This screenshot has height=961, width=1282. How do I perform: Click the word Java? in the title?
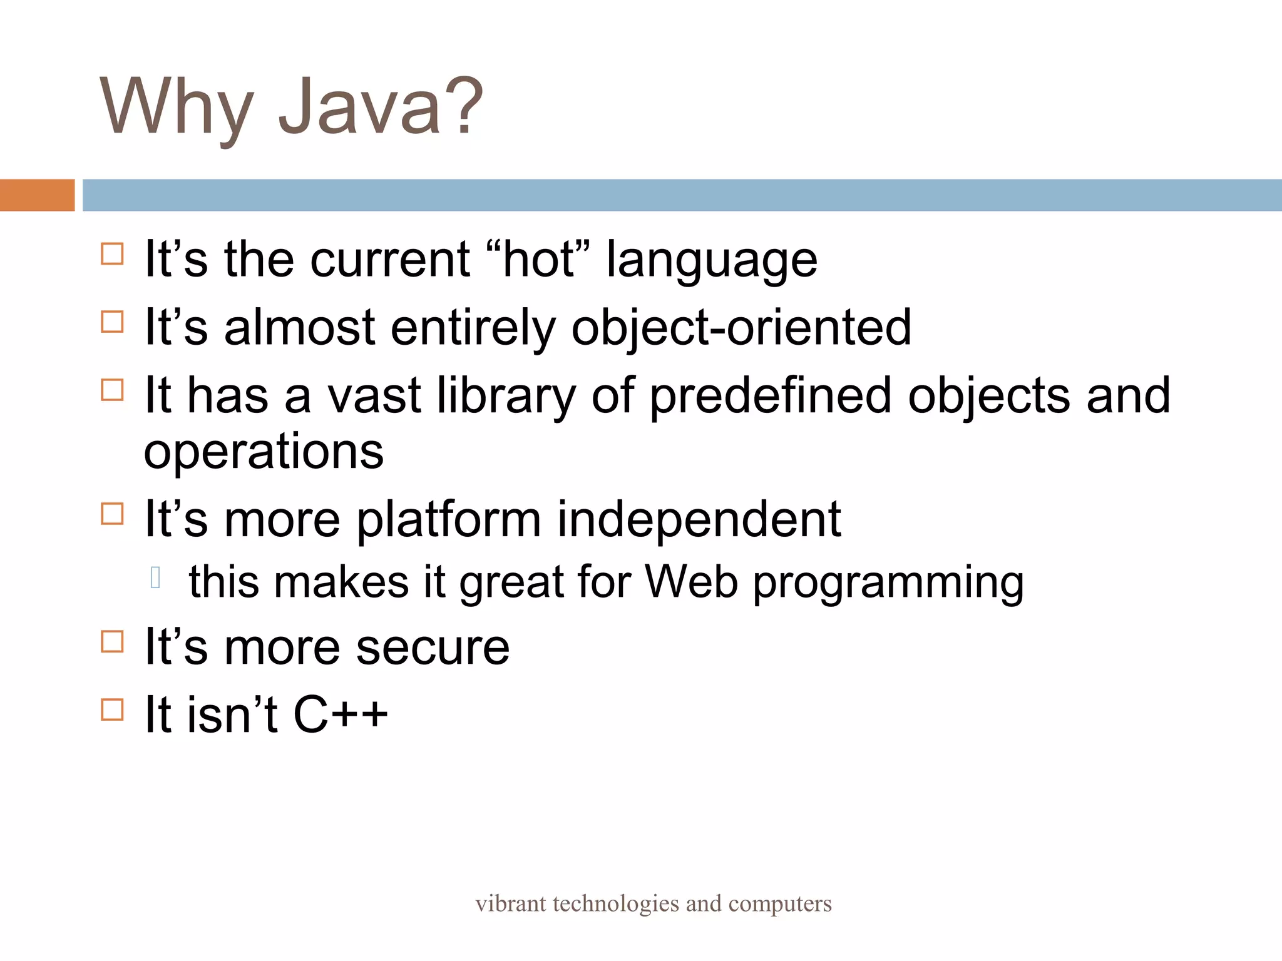(x=381, y=106)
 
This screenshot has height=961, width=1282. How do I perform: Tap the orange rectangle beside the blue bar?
(x=37, y=195)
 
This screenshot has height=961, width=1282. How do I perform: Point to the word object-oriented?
(x=741, y=328)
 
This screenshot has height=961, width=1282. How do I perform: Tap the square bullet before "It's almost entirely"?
(x=112, y=322)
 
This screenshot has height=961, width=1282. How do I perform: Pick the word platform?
(x=448, y=521)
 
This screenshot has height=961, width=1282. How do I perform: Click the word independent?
(x=699, y=521)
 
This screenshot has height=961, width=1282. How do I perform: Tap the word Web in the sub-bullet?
(x=691, y=582)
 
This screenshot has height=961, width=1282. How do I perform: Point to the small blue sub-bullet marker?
(x=156, y=577)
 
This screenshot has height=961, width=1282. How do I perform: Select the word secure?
(x=433, y=648)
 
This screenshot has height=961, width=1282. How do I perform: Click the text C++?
(x=340, y=714)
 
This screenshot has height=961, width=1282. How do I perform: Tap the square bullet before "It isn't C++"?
(x=112, y=710)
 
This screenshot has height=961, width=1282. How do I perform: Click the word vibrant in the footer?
(x=510, y=903)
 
